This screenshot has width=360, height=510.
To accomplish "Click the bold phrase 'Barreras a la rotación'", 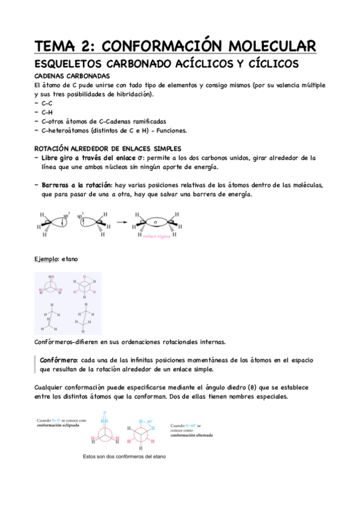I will click(80, 185).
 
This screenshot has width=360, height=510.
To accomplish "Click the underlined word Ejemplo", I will click(46, 259).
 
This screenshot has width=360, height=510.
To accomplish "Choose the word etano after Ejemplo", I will click(69, 259).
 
